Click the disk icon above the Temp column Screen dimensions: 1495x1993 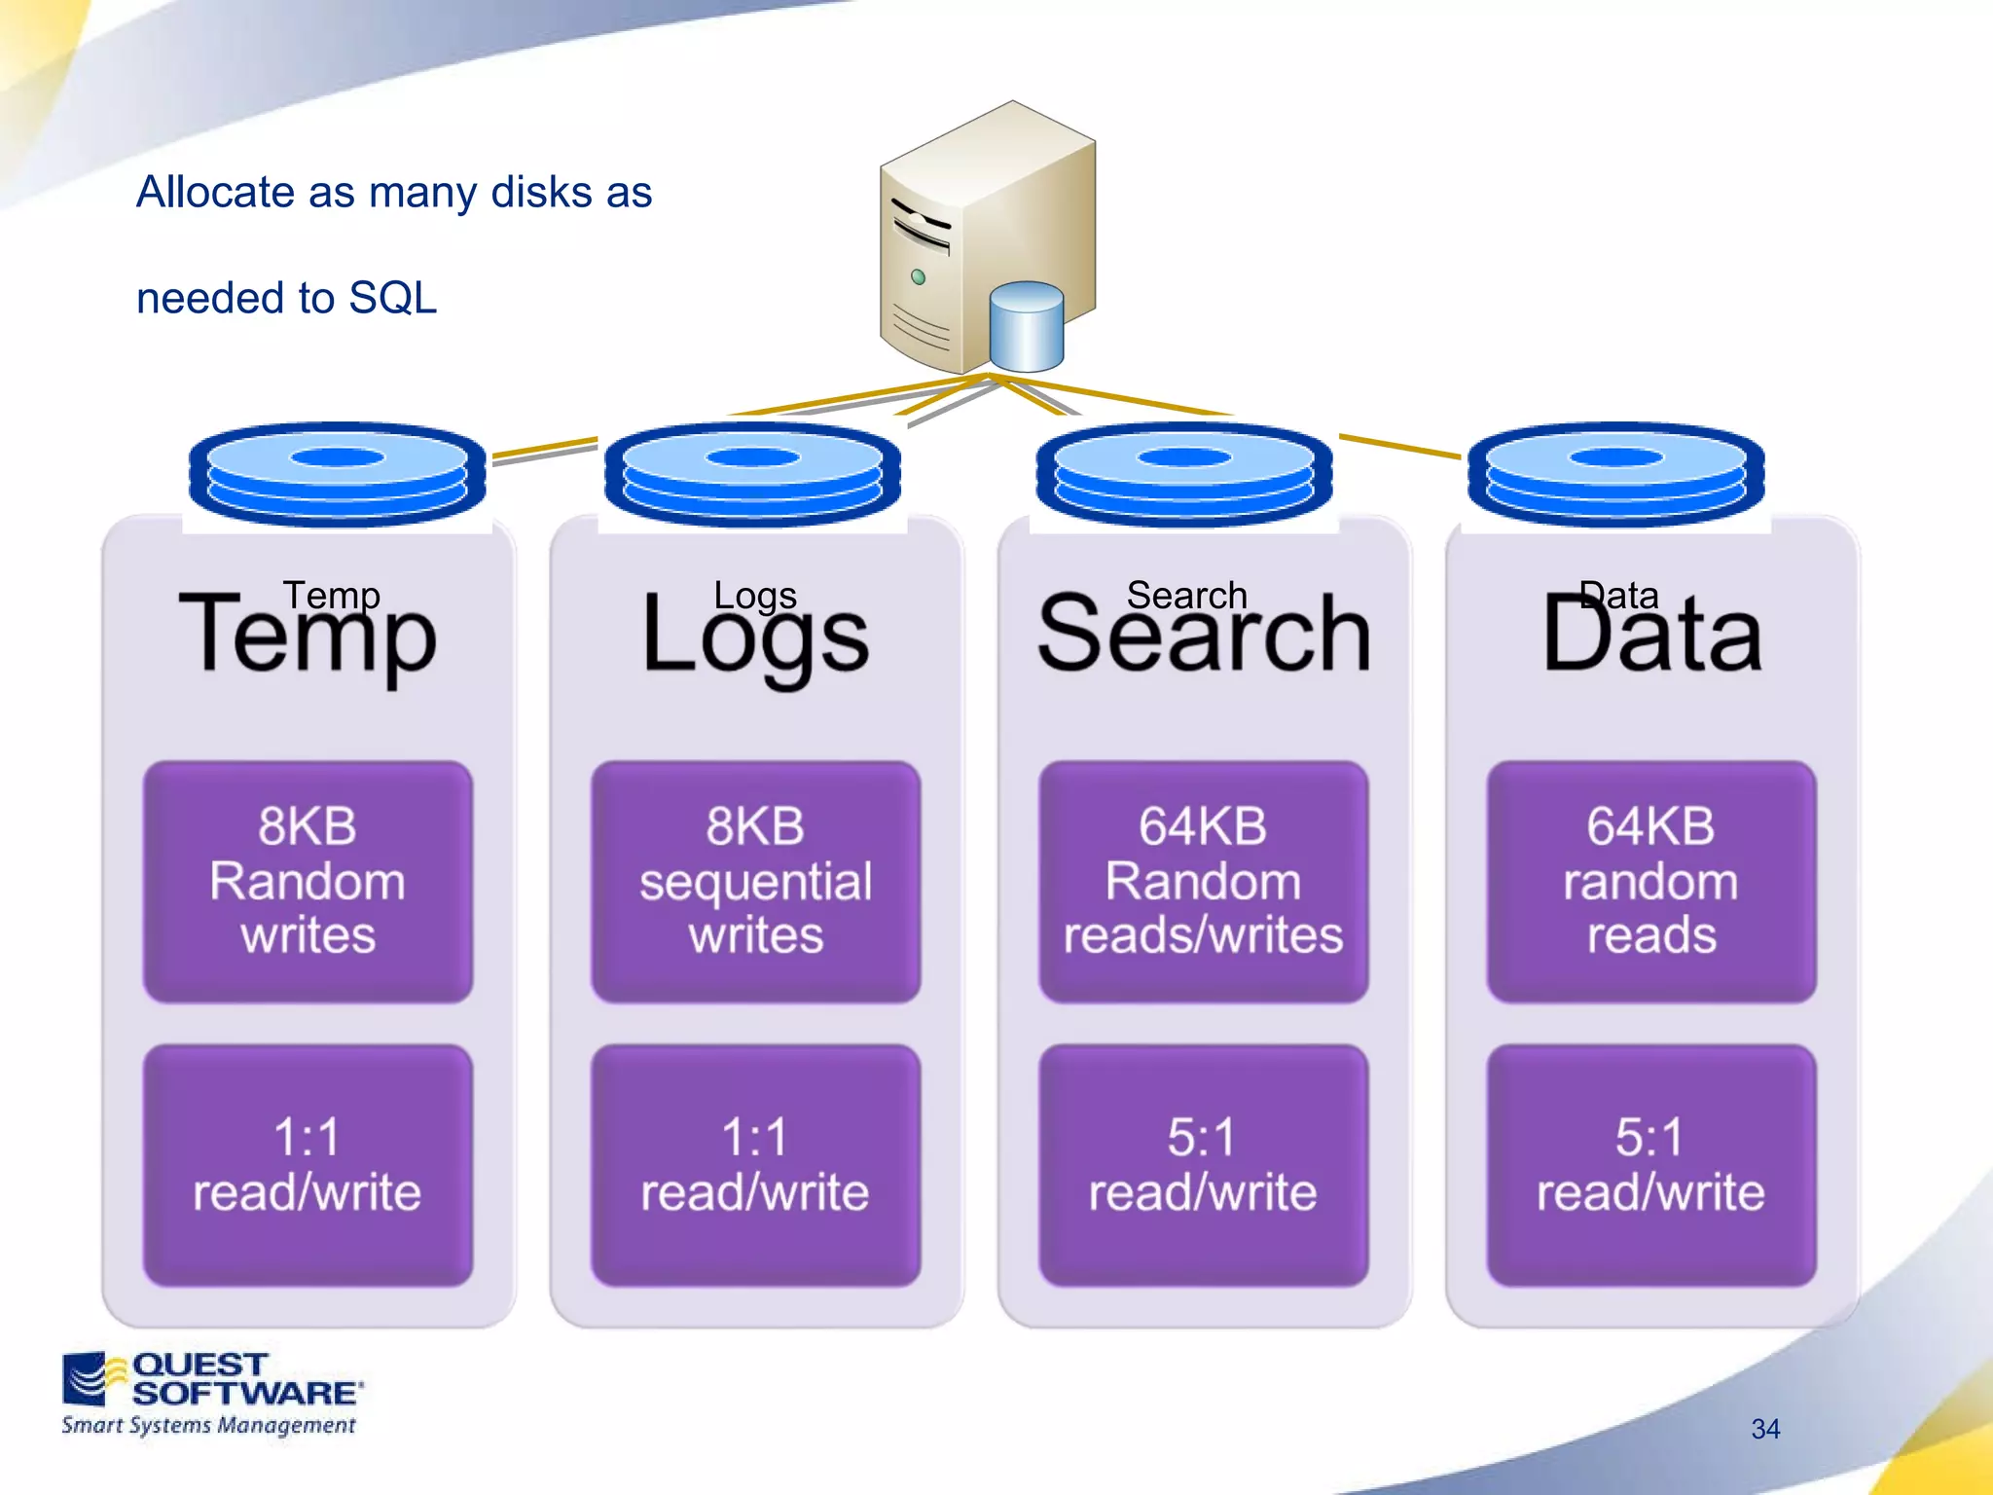click(338, 474)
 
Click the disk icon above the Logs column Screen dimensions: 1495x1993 click(752, 474)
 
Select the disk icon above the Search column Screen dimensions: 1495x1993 click(1184, 474)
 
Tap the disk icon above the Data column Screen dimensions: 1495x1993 click(1616, 474)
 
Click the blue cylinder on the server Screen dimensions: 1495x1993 click(1026, 328)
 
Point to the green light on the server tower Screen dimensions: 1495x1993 click(918, 277)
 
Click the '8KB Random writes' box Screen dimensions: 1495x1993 click(308, 881)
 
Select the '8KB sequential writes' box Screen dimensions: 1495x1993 click(755, 881)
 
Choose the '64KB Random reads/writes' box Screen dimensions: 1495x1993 click(1203, 881)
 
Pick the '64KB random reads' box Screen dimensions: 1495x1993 click(1650, 881)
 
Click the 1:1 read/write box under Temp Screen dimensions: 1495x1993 click(308, 1165)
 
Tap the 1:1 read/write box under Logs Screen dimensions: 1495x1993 click(755, 1165)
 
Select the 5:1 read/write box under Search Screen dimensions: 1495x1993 click(1203, 1165)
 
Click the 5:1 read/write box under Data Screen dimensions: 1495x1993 click(1650, 1165)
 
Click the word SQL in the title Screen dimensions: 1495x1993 click(392, 298)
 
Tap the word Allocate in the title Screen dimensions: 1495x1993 click(215, 192)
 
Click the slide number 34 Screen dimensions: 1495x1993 click(1765, 1429)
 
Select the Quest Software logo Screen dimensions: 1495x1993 click(210, 1393)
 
